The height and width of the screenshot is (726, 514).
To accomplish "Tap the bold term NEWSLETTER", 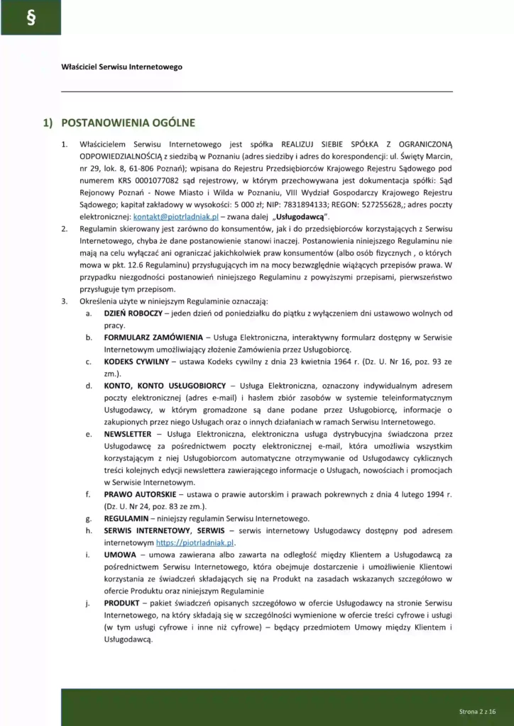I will click(x=128, y=433).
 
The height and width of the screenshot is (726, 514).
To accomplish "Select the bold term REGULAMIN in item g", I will click(x=126, y=518).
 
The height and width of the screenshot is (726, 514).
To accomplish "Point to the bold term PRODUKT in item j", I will click(x=121, y=603).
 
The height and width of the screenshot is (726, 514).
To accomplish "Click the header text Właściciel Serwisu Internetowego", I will click(x=121, y=67).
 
